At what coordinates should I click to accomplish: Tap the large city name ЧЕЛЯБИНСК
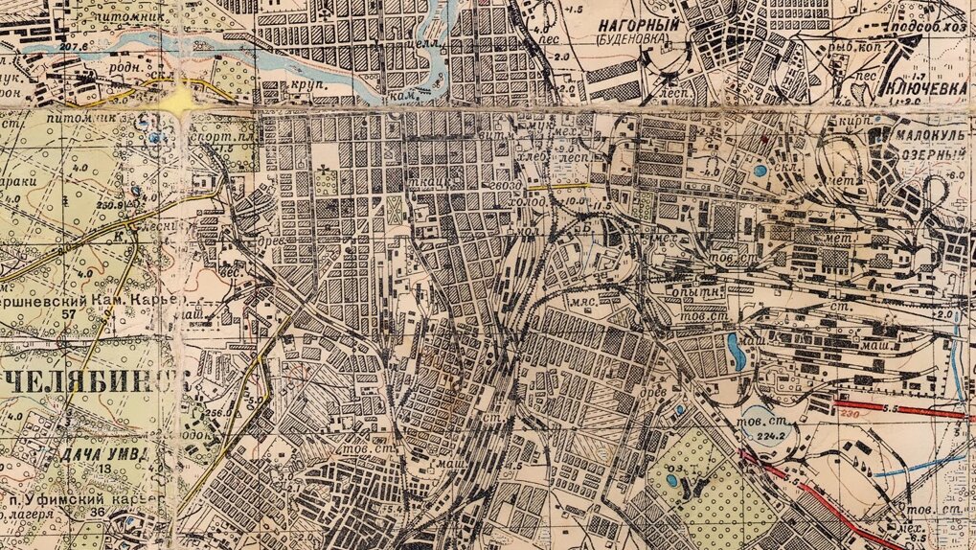(91, 382)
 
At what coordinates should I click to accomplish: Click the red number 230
(846, 414)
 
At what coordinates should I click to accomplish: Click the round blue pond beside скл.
(760, 172)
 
